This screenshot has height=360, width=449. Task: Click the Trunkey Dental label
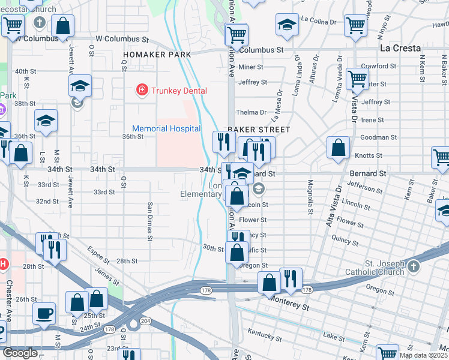[x=179, y=91]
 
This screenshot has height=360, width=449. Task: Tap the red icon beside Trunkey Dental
[x=142, y=91]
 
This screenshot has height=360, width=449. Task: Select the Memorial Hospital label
[x=166, y=128]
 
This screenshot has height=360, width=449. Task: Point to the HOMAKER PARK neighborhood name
[x=157, y=55]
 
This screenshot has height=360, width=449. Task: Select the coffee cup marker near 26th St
[x=44, y=313]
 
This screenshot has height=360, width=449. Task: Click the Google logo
[x=20, y=353]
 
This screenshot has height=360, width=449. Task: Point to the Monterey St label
[x=289, y=302]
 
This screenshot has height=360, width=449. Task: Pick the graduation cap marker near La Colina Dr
[x=287, y=25]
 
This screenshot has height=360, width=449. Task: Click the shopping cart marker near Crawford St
[x=357, y=78]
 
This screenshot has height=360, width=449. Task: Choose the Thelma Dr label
[x=251, y=112]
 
